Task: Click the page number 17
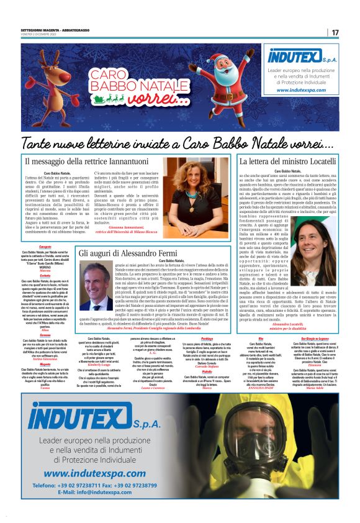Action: tap(335, 32)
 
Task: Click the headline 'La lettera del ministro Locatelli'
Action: tap(287, 161)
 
